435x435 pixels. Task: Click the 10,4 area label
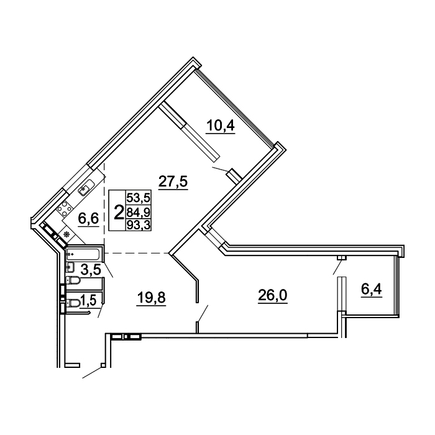[220, 126]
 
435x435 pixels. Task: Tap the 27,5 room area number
[173, 181]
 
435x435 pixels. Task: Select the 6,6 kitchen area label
[88, 219]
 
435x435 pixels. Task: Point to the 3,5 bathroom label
[91, 270]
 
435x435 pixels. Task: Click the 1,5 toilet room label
[88, 300]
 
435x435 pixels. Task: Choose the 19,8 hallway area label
[151, 298]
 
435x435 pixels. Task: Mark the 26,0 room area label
[273, 295]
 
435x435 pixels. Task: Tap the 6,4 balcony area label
[372, 290]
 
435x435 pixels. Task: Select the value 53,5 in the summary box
[138, 198]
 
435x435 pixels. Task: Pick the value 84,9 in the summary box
[138, 213]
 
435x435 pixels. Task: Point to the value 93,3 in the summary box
[138, 225]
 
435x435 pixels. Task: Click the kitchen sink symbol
[86, 187]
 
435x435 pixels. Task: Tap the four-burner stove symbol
[65, 209]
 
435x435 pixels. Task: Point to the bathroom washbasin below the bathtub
[70, 267]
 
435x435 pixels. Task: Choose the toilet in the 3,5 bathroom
[73, 281]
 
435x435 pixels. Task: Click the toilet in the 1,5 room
[73, 303]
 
